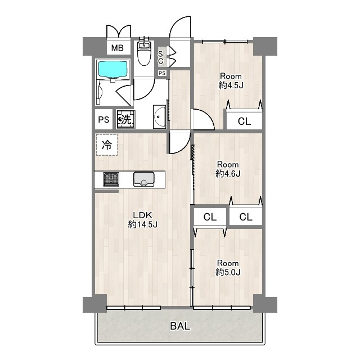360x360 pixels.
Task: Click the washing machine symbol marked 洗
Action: click(x=126, y=119)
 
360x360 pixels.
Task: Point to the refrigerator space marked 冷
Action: click(x=107, y=145)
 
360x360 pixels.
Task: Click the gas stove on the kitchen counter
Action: click(x=111, y=179)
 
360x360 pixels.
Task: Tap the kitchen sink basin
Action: click(x=144, y=179)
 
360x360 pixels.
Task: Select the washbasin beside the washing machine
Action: click(x=159, y=117)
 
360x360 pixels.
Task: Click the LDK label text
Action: click(x=142, y=215)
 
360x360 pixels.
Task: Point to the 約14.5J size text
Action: click(x=142, y=224)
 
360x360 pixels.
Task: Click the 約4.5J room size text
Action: click(x=231, y=85)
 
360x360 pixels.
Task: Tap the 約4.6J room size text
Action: click(x=228, y=174)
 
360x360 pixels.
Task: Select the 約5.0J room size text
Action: click(x=228, y=272)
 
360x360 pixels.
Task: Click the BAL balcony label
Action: click(x=180, y=326)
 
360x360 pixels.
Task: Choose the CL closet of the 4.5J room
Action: click(x=244, y=121)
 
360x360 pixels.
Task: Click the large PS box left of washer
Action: click(x=103, y=119)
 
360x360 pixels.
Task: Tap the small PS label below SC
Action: click(x=162, y=73)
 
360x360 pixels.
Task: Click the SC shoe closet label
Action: click(x=161, y=57)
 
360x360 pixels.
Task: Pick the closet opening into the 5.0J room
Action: click(x=210, y=217)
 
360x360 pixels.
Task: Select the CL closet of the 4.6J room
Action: click(x=246, y=217)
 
